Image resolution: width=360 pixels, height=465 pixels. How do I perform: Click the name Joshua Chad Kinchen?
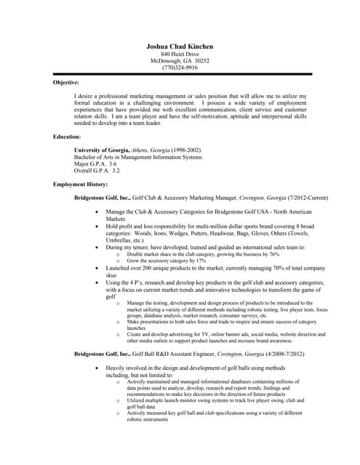179,46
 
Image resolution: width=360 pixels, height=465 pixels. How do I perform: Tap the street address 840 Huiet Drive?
180,54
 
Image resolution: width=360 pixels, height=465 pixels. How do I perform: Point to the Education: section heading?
67,136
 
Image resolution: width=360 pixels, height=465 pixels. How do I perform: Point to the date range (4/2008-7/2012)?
279,353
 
